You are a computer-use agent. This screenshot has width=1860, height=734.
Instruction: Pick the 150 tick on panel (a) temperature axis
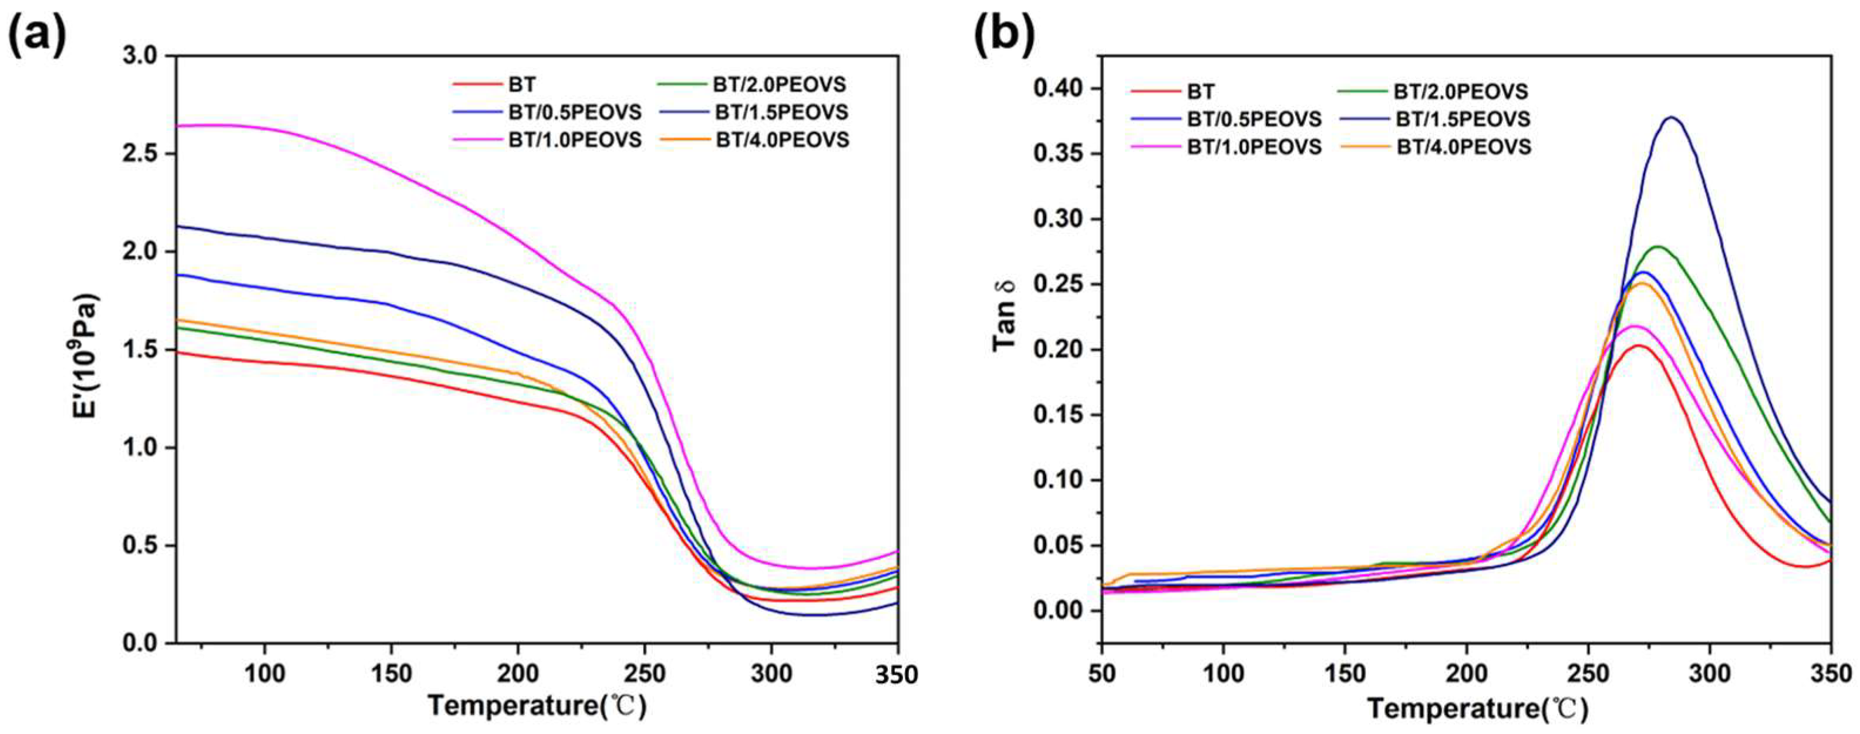pyautogui.click(x=390, y=674)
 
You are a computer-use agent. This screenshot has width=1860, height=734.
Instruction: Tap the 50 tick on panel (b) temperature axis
pyautogui.click(x=1101, y=674)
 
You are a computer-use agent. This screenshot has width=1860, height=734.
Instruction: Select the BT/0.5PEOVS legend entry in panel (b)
pyautogui.click(x=1226, y=119)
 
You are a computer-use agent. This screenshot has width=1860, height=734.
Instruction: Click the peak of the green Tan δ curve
pyautogui.click(x=1637, y=247)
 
